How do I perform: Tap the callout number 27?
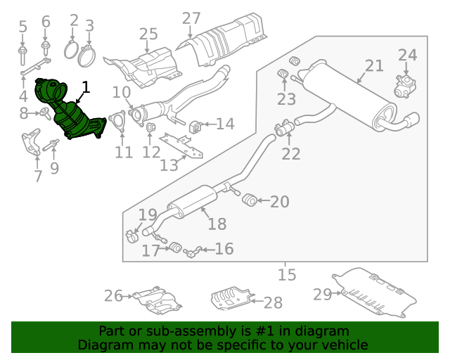191,19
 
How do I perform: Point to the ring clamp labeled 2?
71,50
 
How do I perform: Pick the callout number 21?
374,66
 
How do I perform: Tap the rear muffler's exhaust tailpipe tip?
413,119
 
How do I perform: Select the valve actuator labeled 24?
405,86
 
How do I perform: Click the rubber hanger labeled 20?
249,200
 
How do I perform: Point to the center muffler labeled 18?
192,202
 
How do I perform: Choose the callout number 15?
287,275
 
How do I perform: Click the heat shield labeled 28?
231,297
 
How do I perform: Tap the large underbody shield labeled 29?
374,292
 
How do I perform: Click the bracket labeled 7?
31,142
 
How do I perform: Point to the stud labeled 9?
51,146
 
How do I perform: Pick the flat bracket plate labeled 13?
181,146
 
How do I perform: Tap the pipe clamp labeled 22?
284,128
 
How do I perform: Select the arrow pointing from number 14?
208,124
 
